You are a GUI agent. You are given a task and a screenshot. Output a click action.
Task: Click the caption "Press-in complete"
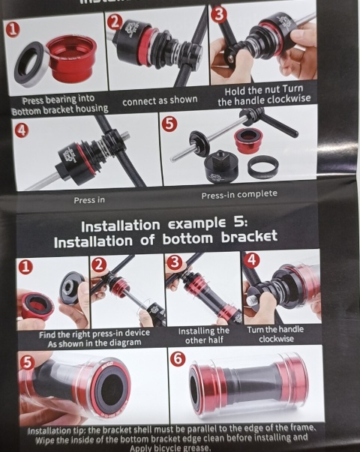(239, 195)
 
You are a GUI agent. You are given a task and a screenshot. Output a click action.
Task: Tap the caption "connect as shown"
(160, 100)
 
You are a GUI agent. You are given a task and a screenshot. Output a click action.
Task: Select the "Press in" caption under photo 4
(89, 200)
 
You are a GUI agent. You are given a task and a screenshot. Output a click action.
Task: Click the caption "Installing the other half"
(204, 335)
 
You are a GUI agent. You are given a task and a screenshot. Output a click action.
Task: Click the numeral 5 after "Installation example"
(238, 223)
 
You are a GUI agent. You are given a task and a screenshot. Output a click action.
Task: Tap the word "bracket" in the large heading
(249, 237)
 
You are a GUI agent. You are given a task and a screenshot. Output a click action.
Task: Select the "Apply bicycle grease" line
(169, 448)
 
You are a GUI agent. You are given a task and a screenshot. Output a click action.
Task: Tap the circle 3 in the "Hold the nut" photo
(218, 14)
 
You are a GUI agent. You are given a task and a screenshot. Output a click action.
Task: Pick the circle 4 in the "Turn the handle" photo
(251, 260)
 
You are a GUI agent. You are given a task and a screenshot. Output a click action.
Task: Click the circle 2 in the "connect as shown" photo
(115, 22)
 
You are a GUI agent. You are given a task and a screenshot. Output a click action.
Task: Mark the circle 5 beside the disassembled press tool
(169, 124)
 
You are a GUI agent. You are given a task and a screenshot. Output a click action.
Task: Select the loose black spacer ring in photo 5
(262, 167)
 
